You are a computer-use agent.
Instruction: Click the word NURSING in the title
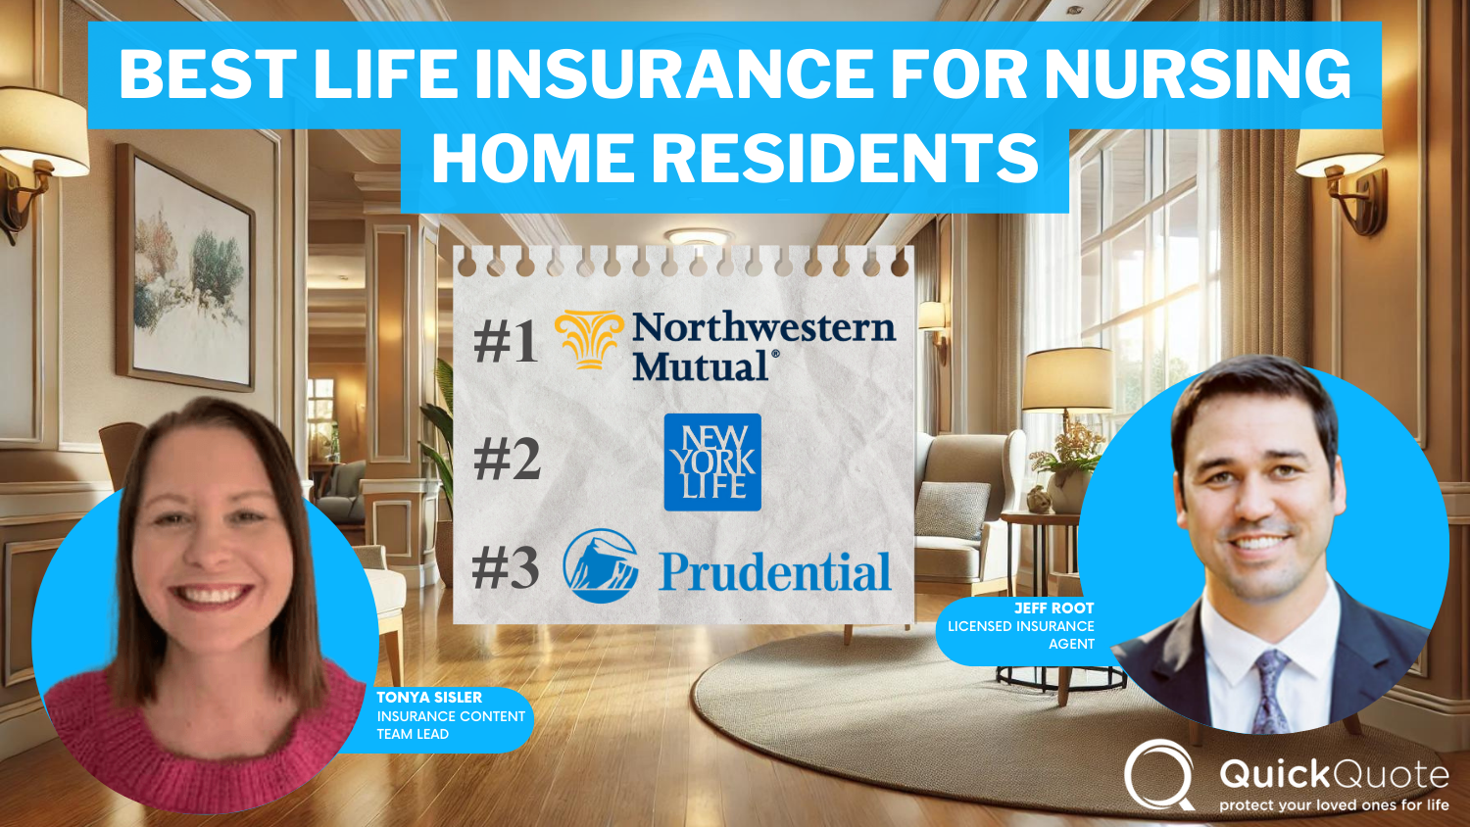tap(1198, 73)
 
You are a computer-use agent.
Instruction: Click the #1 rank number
tap(506, 342)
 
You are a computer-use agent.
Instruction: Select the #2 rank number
tap(507, 459)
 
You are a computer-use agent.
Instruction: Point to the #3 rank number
tap(506, 567)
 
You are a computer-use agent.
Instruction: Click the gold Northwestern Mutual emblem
tap(589, 339)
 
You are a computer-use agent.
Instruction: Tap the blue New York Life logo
tap(712, 462)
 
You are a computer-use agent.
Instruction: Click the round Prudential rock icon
tap(601, 566)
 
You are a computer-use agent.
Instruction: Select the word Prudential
tap(774, 572)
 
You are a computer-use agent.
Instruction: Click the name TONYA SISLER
tap(429, 698)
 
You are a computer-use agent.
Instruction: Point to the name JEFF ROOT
tap(1053, 608)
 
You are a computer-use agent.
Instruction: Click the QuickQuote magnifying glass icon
tap(1159, 774)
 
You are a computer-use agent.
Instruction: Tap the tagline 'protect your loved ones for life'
tap(1333, 805)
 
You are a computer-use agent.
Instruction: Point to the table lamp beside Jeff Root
tap(1066, 392)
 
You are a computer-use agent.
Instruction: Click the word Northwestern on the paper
tap(763, 327)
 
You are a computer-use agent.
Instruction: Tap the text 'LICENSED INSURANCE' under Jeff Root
tap(1020, 626)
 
